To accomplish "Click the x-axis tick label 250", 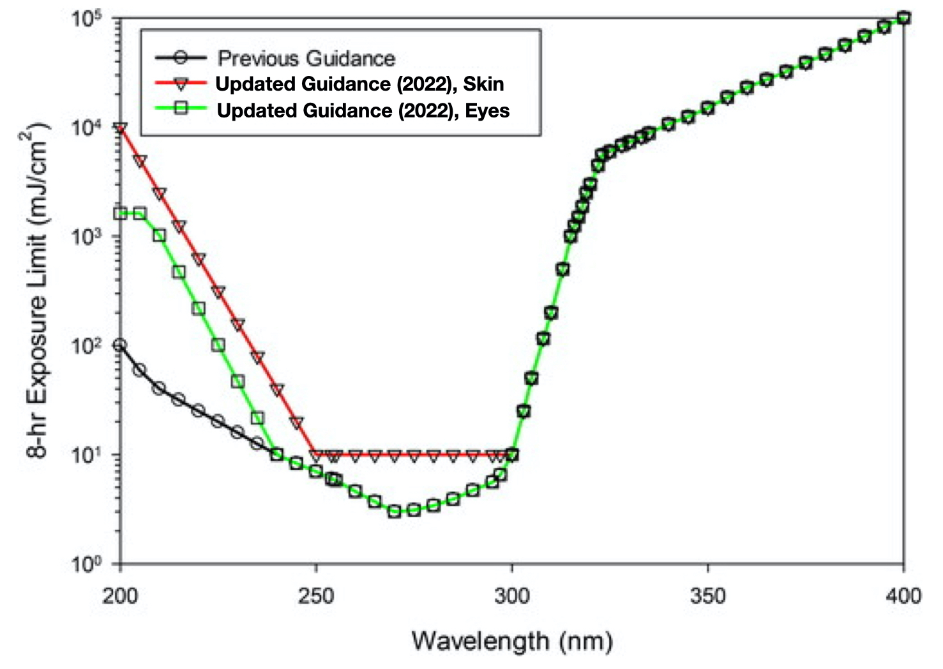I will tap(316, 596).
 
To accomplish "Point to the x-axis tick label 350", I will tap(707, 596).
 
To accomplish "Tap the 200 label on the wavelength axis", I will tap(120, 596).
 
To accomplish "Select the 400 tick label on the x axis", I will tap(903, 596).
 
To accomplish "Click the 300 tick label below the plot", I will tap(512, 596).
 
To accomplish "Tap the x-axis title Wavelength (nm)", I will tap(512, 640).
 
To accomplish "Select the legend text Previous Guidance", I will tap(306, 58).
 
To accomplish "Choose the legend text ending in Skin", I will tap(359, 84).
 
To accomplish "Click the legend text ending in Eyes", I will tap(363, 110).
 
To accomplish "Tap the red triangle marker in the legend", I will tap(181, 83).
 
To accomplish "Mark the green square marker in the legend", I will tap(181, 109).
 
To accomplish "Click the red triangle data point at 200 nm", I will tap(120, 128).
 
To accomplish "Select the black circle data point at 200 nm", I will tap(120, 345).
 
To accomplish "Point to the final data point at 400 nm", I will tap(903, 18).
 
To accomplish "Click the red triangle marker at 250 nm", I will tap(316, 455).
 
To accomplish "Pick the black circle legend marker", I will tap(181, 57).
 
